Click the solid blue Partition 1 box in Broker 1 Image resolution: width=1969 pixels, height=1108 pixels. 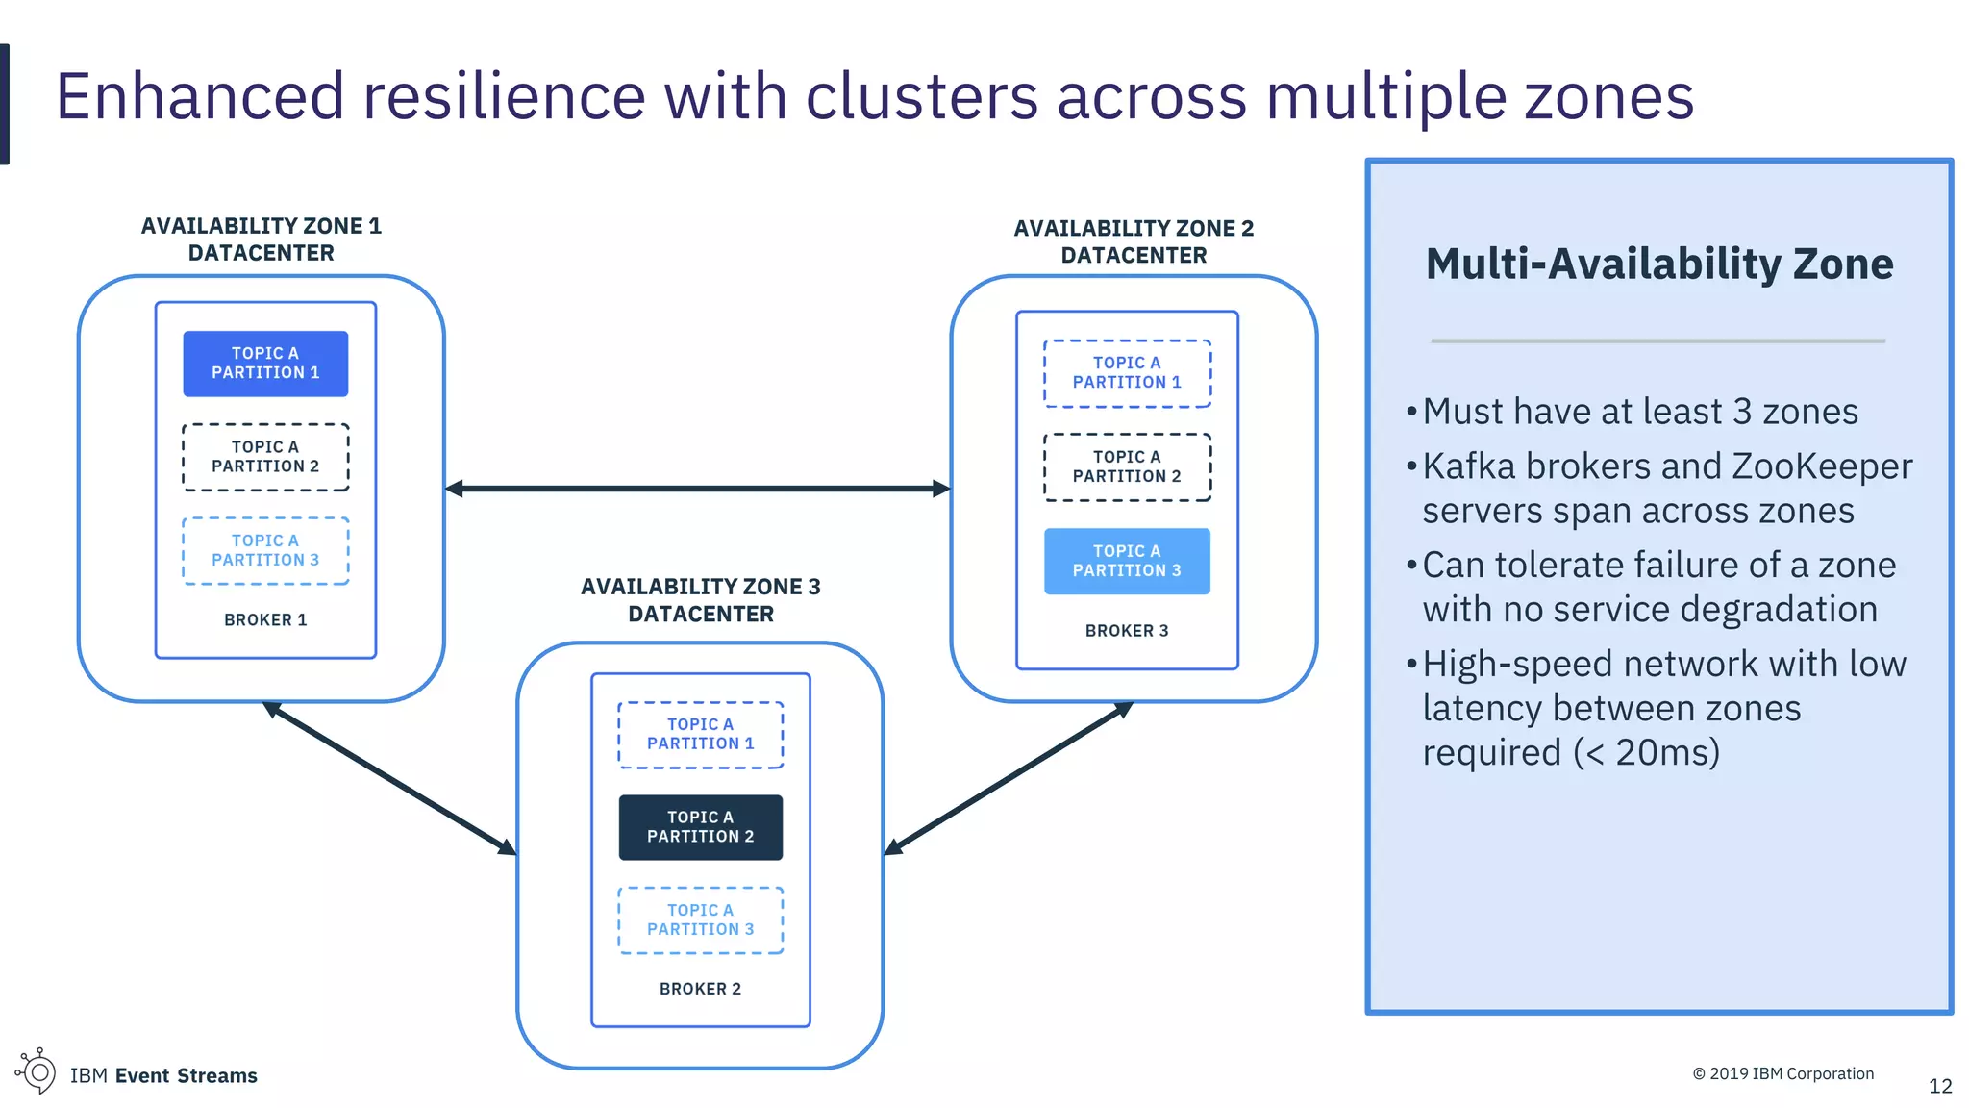265,364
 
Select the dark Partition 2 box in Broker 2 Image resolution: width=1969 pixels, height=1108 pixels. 700,827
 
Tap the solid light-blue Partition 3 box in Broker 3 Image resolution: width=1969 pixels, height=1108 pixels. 1127,561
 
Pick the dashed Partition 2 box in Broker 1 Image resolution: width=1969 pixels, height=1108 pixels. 265,457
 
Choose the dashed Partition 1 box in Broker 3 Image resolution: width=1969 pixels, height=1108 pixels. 1127,373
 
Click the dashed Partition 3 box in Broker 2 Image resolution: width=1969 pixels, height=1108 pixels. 700,920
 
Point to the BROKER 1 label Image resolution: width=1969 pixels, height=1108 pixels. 265,620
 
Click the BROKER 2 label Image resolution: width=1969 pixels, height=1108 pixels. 700,989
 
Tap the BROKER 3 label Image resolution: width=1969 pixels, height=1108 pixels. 1127,631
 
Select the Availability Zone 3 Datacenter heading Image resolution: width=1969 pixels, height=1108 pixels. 700,600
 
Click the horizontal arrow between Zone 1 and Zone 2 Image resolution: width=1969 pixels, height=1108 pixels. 697,489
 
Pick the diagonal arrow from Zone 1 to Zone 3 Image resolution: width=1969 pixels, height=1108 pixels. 389,778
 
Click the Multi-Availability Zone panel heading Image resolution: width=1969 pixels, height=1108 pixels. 1659,264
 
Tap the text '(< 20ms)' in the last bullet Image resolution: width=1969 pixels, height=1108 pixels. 1646,753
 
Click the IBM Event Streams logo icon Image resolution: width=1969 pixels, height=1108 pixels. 37,1071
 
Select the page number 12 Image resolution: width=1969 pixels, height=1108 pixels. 1940,1087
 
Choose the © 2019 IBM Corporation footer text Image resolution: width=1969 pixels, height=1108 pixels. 1782,1073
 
